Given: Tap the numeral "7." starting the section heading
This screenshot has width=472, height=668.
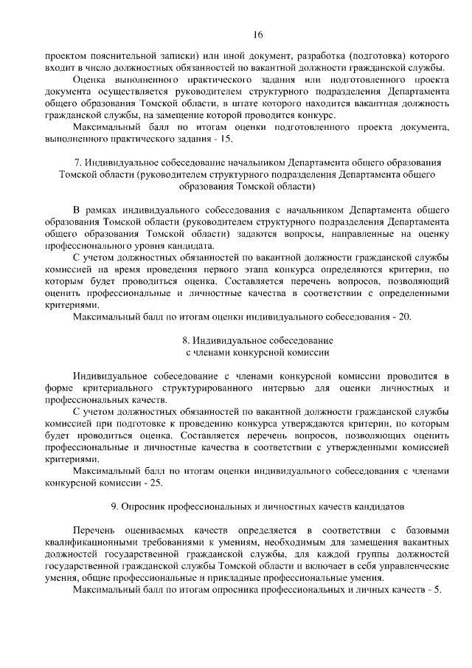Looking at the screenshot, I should tap(77, 162).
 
